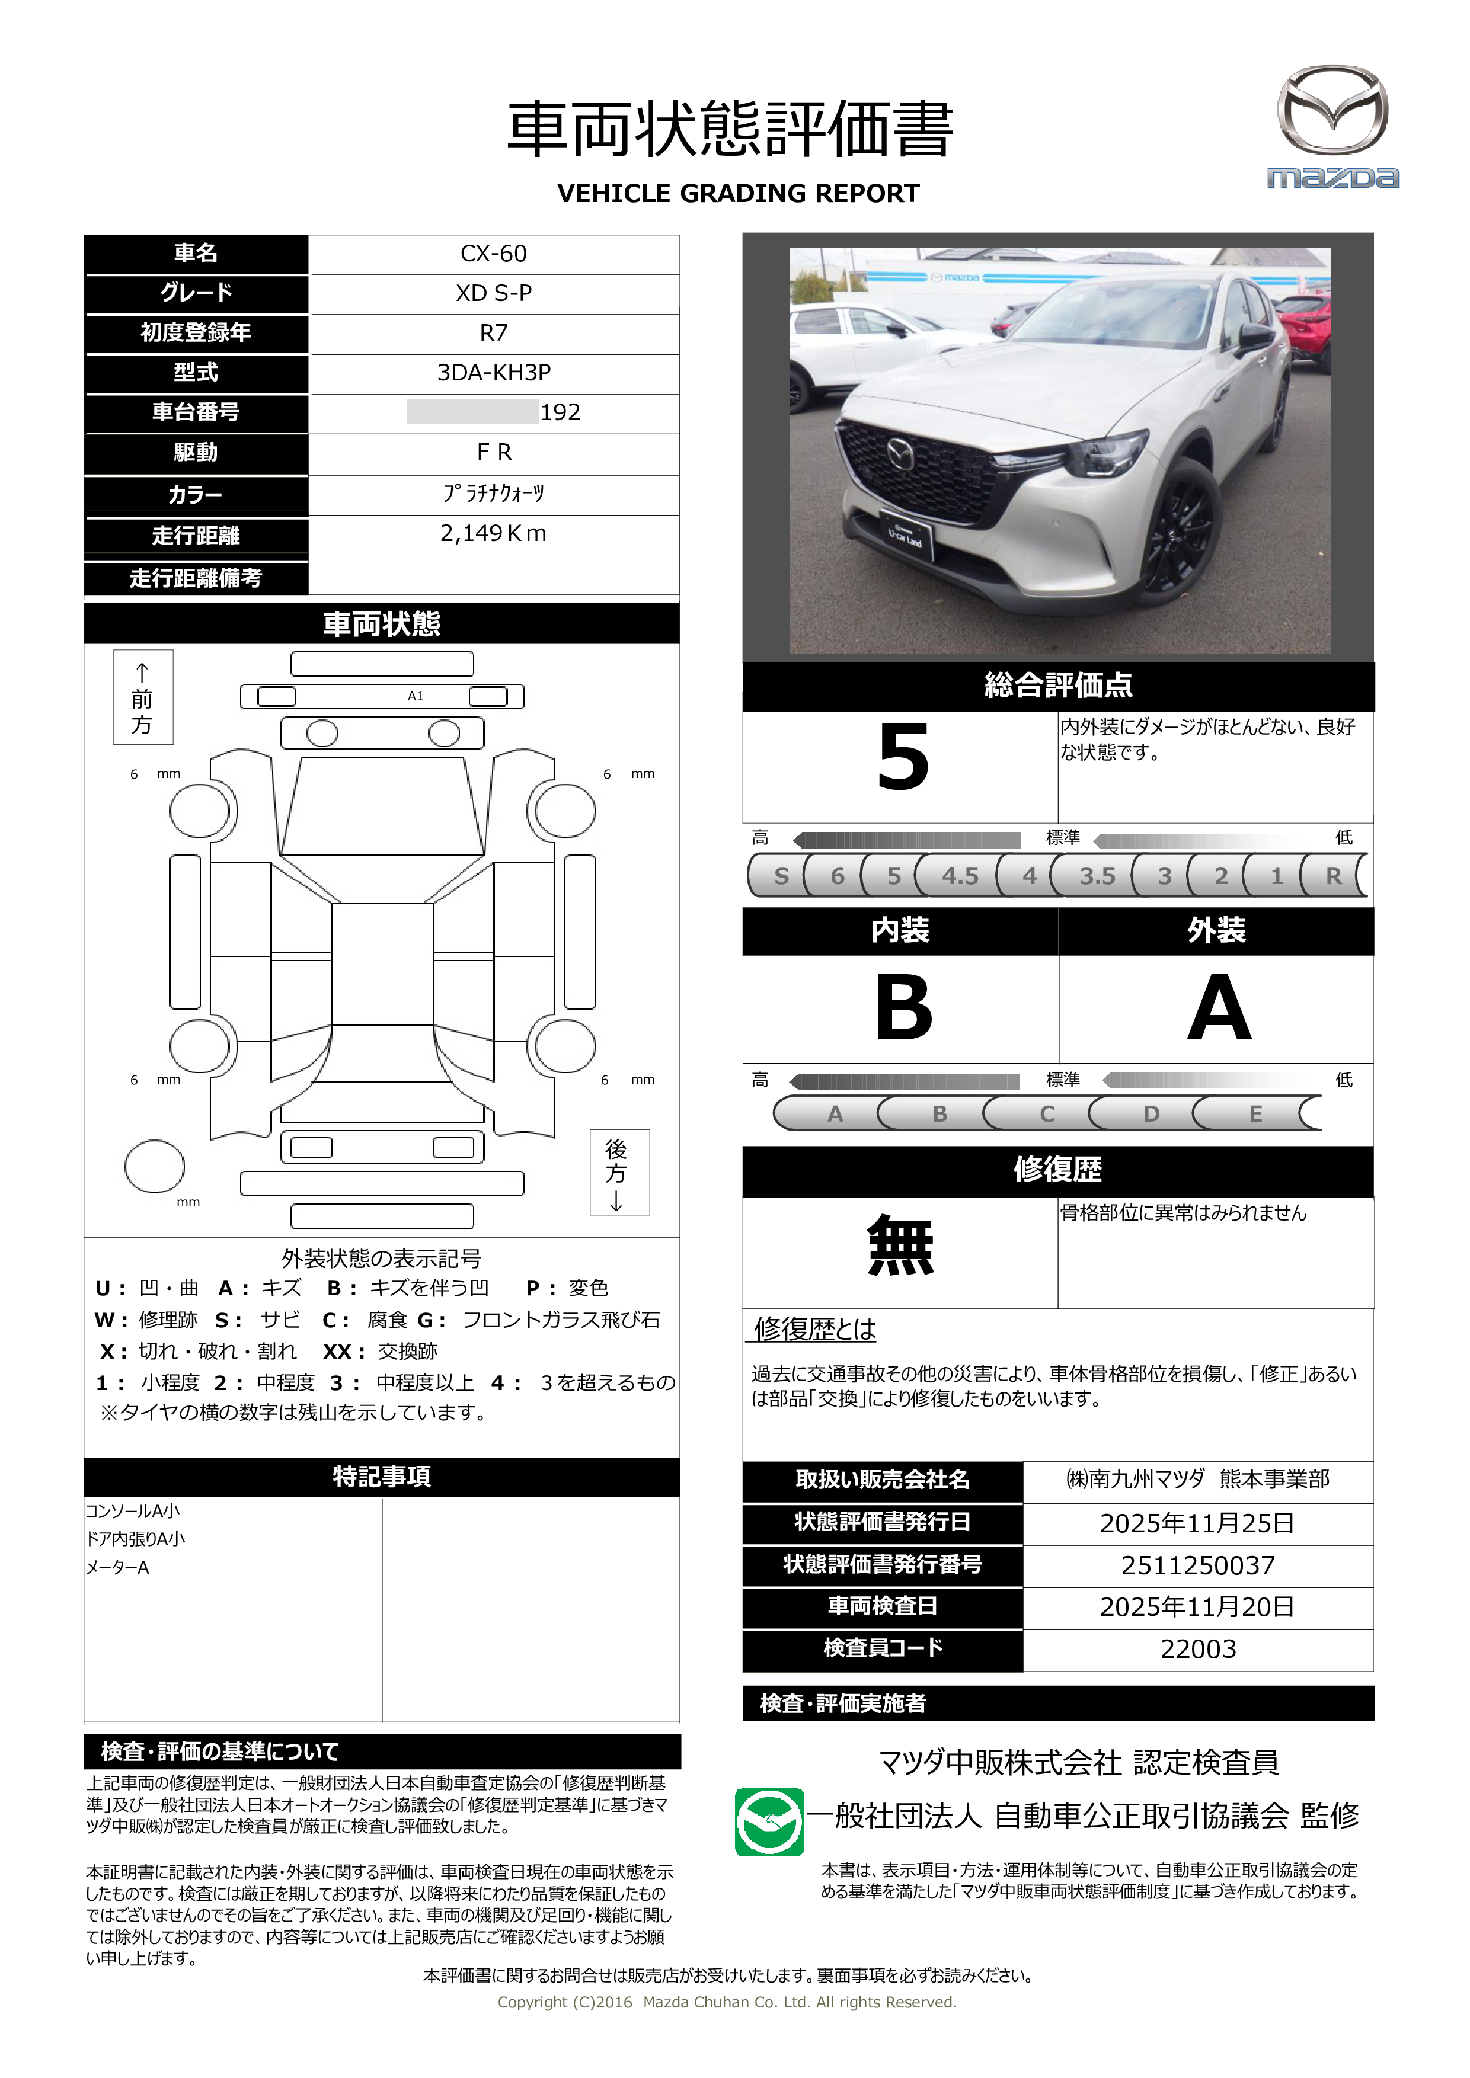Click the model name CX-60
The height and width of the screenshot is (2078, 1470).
point(493,254)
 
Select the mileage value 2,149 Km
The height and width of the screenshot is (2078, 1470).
point(493,534)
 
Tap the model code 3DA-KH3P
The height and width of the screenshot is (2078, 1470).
point(493,373)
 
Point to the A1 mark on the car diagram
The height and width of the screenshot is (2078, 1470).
point(416,696)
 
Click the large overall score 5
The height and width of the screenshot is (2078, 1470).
point(903,758)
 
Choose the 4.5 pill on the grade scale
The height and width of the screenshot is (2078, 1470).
point(960,876)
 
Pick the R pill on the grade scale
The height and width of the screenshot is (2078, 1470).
point(1332,876)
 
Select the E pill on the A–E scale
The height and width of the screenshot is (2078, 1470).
point(1255,1114)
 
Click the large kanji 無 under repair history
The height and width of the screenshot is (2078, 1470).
point(900,1246)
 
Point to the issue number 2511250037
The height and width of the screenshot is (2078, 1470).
point(1197,1565)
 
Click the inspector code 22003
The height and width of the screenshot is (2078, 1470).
point(1197,1649)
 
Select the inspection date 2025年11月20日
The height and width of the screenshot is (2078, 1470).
point(1197,1608)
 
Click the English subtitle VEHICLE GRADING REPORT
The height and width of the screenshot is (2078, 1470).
point(738,194)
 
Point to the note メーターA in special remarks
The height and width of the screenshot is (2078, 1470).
point(118,1568)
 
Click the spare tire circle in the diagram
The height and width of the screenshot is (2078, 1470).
point(155,1167)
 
